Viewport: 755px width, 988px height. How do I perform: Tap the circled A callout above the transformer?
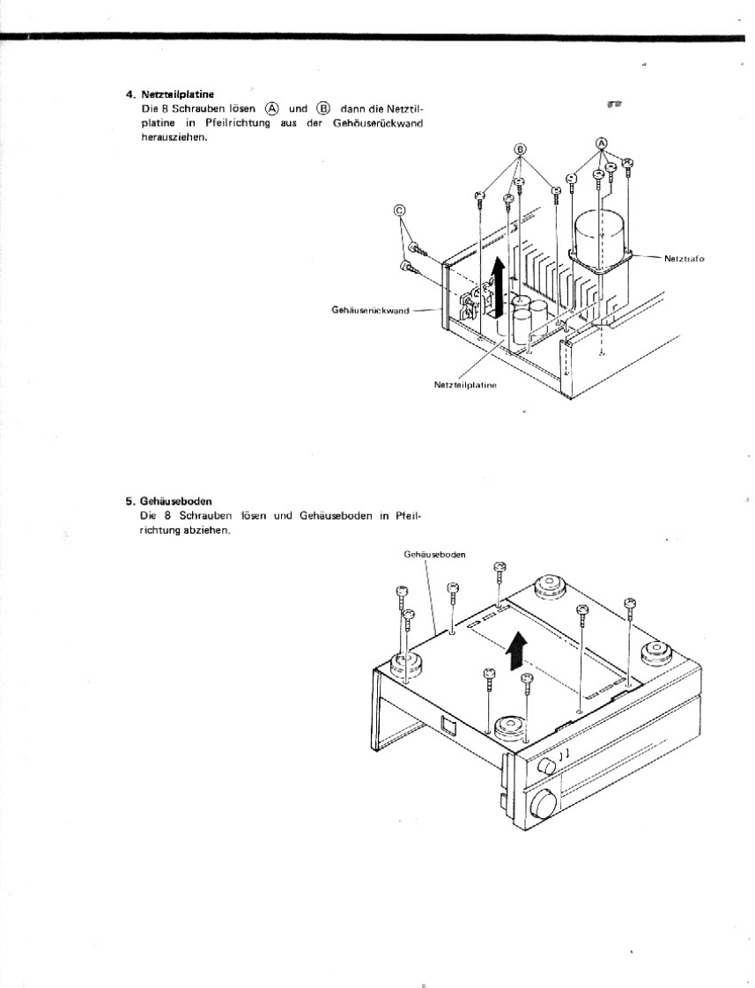(603, 143)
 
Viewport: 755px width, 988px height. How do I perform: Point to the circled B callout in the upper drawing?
(520, 150)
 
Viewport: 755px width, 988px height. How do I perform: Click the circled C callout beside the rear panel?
(400, 210)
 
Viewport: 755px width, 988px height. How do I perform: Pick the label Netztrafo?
(684, 259)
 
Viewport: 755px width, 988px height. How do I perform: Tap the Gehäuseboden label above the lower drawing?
(434, 555)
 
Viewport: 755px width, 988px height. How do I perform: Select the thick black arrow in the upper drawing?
(500, 284)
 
